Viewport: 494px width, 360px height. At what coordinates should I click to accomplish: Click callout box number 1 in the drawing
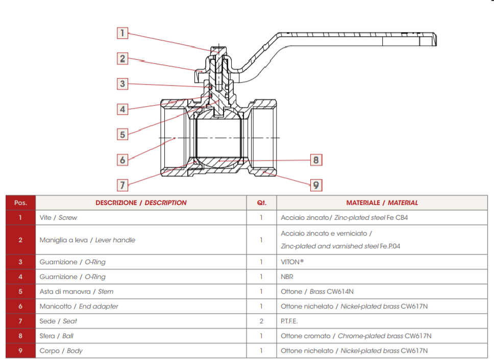(122, 33)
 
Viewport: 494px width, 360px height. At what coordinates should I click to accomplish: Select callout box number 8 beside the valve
(316, 160)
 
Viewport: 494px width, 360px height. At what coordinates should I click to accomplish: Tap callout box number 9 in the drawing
(316, 185)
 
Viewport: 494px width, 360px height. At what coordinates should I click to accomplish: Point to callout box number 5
(122, 134)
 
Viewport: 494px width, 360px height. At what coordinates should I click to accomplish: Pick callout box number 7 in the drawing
(122, 184)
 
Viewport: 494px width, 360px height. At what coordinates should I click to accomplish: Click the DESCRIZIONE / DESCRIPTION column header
(141, 202)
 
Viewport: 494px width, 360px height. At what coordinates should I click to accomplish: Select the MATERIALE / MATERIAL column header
(382, 202)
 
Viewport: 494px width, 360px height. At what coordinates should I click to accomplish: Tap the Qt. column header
(261, 202)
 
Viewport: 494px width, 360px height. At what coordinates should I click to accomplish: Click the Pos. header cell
(20, 202)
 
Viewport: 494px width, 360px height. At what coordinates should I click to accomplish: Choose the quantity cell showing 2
(261, 321)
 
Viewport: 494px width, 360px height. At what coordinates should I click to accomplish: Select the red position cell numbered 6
(20, 306)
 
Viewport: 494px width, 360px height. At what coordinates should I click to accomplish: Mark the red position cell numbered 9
(20, 351)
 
